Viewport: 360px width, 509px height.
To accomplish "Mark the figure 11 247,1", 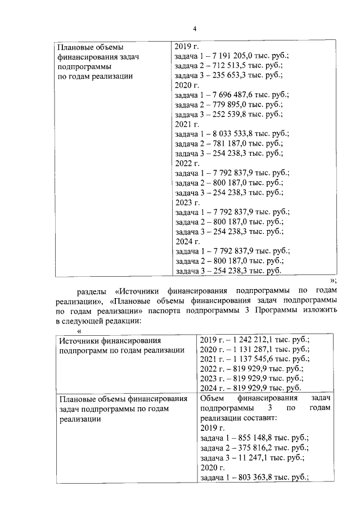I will pos(250,458).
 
